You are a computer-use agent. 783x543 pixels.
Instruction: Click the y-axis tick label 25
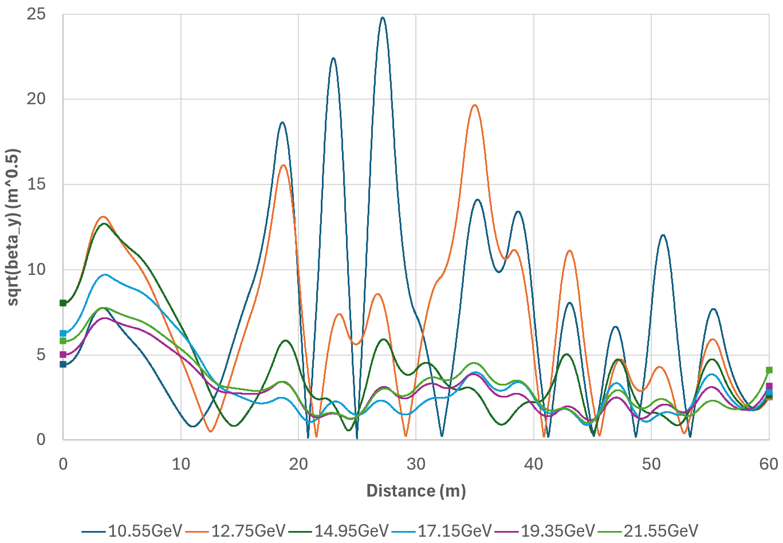coord(36,14)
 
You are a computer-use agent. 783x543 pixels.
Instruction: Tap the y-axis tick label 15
coord(36,184)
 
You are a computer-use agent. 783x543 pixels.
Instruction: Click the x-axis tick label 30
coord(416,464)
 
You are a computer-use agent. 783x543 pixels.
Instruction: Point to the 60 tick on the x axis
coord(769,464)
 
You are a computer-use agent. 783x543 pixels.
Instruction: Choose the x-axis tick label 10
coord(181,464)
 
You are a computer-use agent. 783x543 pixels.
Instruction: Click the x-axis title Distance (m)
coord(416,491)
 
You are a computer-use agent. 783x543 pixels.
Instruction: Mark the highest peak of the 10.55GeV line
coord(383,18)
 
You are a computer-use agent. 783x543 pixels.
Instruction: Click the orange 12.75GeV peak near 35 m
coord(474,105)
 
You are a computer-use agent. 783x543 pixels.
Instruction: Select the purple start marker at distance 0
coord(63,355)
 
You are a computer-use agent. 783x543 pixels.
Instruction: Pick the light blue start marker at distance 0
coord(63,333)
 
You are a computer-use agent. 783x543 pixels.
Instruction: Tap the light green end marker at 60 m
coord(769,370)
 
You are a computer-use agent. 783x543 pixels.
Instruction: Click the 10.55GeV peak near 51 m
coord(663,235)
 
